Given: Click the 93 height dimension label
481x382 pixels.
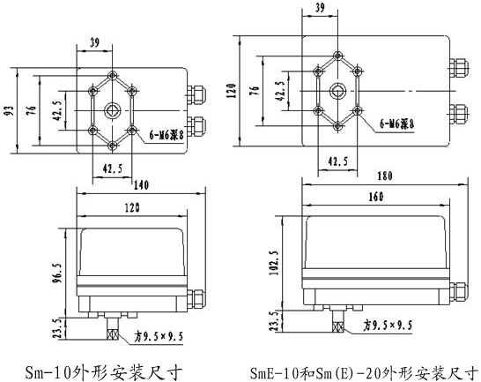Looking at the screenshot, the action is (x=10, y=111).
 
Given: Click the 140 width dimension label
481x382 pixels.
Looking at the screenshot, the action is (x=141, y=185).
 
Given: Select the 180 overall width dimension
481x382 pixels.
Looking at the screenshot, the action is (x=385, y=176).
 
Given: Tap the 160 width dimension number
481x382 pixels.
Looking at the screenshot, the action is (x=376, y=197).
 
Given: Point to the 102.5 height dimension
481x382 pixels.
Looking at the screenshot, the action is (x=274, y=262).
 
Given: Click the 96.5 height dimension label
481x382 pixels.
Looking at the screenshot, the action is (x=58, y=272).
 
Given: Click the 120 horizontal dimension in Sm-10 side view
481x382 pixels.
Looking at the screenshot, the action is (x=132, y=208).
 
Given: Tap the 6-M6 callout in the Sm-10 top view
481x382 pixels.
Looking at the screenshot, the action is (x=166, y=135).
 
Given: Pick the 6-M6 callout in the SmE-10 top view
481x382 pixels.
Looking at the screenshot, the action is (x=397, y=124).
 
